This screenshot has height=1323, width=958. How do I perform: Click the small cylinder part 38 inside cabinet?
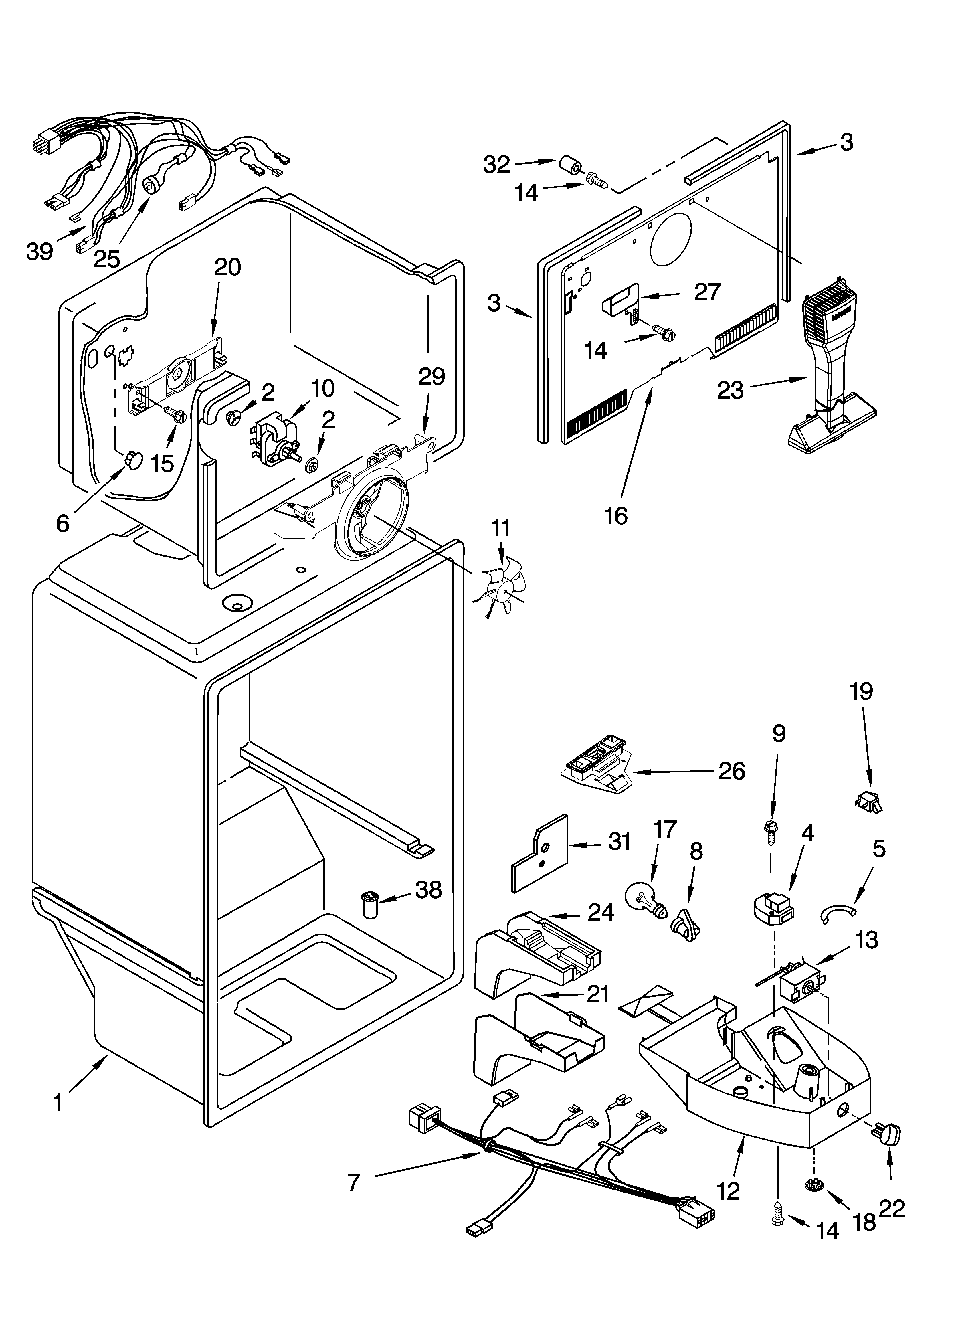[370, 904]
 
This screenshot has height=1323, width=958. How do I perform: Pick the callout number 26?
[732, 771]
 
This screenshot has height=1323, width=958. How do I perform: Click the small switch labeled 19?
[869, 803]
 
